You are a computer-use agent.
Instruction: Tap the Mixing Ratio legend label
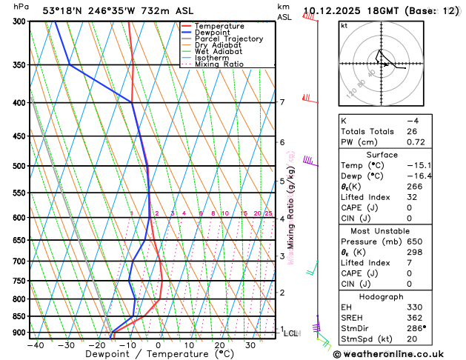(x=219, y=64)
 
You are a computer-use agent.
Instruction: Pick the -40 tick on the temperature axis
(x=35, y=345)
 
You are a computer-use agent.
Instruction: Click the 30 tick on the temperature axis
(x=250, y=345)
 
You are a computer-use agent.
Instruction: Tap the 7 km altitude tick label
(x=282, y=102)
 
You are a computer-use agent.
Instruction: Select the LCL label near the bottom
(x=291, y=333)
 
